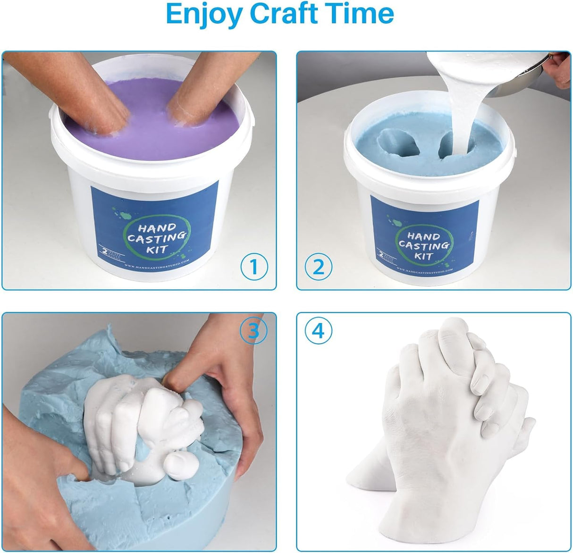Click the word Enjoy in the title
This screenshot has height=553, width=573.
[x=203, y=14]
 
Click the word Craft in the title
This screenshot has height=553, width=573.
[x=289, y=14]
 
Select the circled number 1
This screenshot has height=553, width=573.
[x=254, y=267]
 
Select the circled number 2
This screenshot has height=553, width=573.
[x=319, y=268]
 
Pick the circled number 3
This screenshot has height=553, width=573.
[x=253, y=331]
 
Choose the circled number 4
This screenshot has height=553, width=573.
[x=319, y=331]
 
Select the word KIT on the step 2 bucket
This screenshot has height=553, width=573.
[x=423, y=256]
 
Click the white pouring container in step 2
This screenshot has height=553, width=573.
[x=491, y=71]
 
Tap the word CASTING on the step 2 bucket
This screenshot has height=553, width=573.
[x=423, y=245]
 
